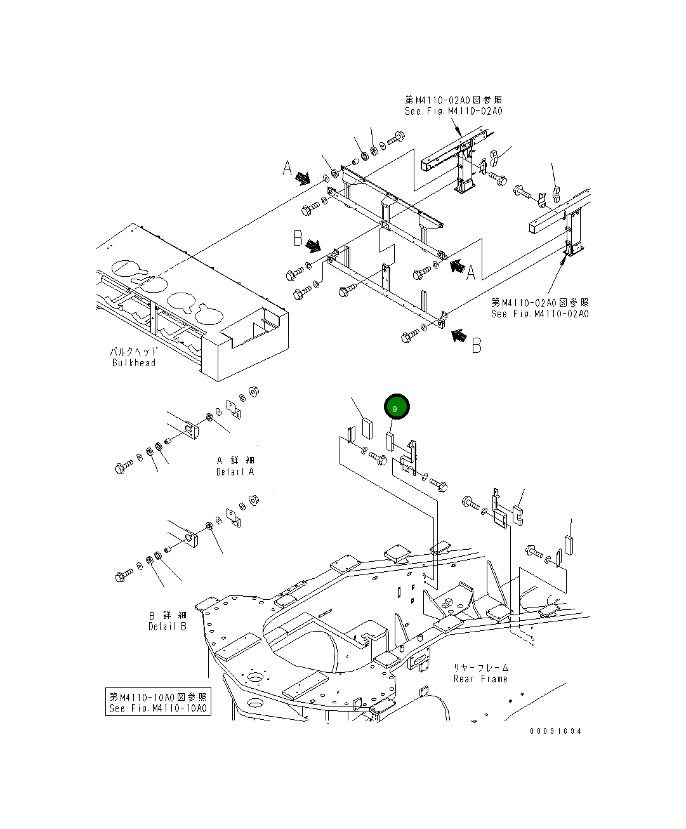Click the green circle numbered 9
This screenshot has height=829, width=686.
click(395, 407)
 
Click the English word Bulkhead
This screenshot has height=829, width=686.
click(134, 363)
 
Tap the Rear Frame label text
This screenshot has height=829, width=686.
click(480, 679)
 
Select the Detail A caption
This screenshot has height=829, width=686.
click(235, 472)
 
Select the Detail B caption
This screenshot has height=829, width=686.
click(168, 627)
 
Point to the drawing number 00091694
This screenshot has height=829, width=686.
click(556, 731)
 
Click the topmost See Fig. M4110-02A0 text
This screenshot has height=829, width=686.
click(453, 111)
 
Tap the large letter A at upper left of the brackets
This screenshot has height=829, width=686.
click(287, 169)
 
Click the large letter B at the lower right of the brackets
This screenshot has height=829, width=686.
click(476, 345)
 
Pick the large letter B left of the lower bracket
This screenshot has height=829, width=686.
click(298, 238)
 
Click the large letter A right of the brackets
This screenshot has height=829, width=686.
click(471, 273)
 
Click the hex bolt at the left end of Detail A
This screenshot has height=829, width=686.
click(121, 468)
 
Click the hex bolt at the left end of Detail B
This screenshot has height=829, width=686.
click(121, 576)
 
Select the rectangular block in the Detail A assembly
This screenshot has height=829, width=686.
click(190, 430)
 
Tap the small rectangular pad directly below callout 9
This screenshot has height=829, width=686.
click(390, 439)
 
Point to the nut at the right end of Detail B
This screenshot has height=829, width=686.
click(253, 500)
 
